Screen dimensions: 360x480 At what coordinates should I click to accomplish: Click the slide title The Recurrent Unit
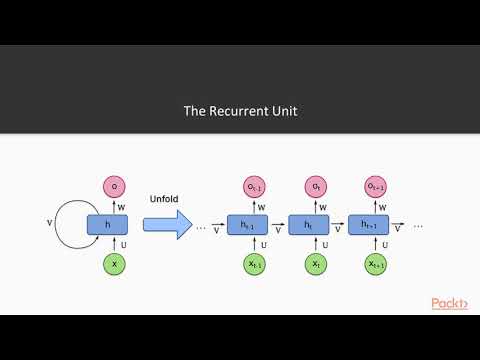(239, 110)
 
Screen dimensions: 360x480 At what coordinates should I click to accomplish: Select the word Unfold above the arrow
(163, 198)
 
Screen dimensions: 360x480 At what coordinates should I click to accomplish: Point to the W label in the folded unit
(123, 206)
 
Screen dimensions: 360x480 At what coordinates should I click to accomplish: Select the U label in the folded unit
(123, 244)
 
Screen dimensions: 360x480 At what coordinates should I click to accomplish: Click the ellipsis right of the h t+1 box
(418, 226)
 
